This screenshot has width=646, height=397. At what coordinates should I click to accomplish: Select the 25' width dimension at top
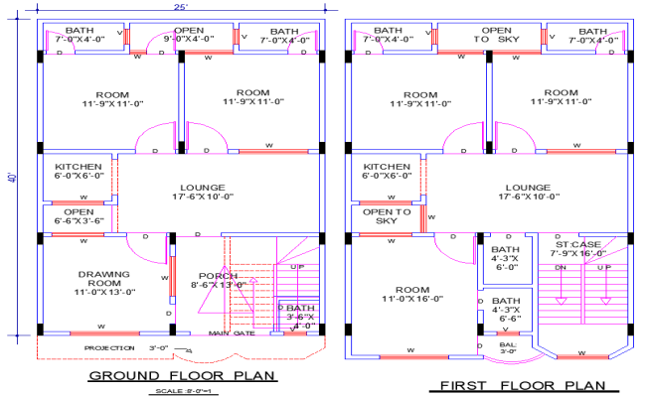pos(181,7)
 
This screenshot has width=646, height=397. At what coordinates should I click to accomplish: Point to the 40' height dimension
pos(12,179)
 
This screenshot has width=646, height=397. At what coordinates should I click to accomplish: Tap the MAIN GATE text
pos(232,333)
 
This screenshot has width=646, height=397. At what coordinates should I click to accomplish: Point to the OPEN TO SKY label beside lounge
pos(388,216)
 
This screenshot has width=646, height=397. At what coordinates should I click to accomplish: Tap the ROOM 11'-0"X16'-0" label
pos(404,293)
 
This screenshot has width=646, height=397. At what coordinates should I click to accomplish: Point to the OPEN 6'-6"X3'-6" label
pos(79,216)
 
